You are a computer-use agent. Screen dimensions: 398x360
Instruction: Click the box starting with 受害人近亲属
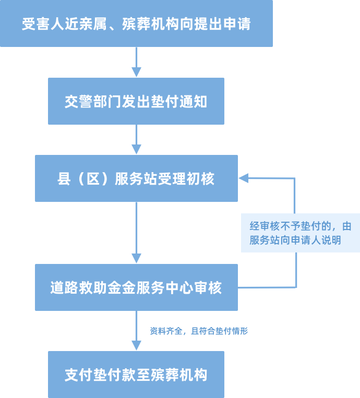pyautogui.click(x=136, y=24)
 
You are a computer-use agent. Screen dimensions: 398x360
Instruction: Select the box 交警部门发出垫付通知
pyautogui.click(x=136, y=101)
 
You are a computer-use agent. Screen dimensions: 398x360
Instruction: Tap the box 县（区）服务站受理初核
pyautogui.click(x=136, y=178)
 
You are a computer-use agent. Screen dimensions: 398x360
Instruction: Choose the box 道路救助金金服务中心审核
pyautogui.click(x=136, y=287)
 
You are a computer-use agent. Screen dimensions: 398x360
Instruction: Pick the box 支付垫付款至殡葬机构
pyautogui.click(x=136, y=375)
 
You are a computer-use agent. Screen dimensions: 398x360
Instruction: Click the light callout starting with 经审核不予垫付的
pyautogui.click(x=300, y=233)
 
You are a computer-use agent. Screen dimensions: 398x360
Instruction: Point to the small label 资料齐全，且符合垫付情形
pyautogui.click(x=199, y=331)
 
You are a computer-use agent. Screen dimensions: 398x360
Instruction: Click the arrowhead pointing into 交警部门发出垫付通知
pyautogui.click(x=136, y=72)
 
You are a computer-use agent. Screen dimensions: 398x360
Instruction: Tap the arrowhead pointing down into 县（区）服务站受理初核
pyautogui.click(x=136, y=149)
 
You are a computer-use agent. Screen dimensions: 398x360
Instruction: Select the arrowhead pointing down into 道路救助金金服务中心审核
pyautogui.click(x=136, y=258)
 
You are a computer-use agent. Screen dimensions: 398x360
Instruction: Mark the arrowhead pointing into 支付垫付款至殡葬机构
pyautogui.click(x=136, y=345)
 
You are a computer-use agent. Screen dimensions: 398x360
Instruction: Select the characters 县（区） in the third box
pyautogui.click(x=85, y=178)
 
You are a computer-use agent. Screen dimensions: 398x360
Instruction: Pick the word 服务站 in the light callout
pyautogui.click(x=267, y=240)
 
